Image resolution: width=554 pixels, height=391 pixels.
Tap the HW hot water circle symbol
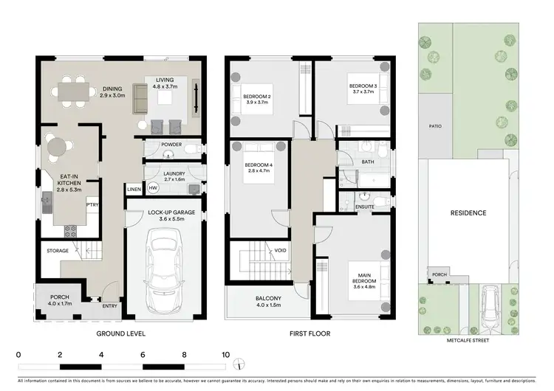point(153,188)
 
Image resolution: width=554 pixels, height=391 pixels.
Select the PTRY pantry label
point(92,206)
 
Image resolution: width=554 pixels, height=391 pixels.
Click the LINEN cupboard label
point(134,190)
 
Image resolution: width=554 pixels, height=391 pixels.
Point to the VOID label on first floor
point(280,251)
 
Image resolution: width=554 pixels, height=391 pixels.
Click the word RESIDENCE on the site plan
point(468,213)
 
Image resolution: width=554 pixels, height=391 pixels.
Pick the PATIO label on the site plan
point(435,126)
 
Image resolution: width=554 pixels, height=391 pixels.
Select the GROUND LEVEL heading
point(121,333)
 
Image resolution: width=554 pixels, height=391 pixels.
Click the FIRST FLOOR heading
point(310,333)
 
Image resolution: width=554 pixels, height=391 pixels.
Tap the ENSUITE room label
point(364,207)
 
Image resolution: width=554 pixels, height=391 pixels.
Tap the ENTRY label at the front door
point(109,305)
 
